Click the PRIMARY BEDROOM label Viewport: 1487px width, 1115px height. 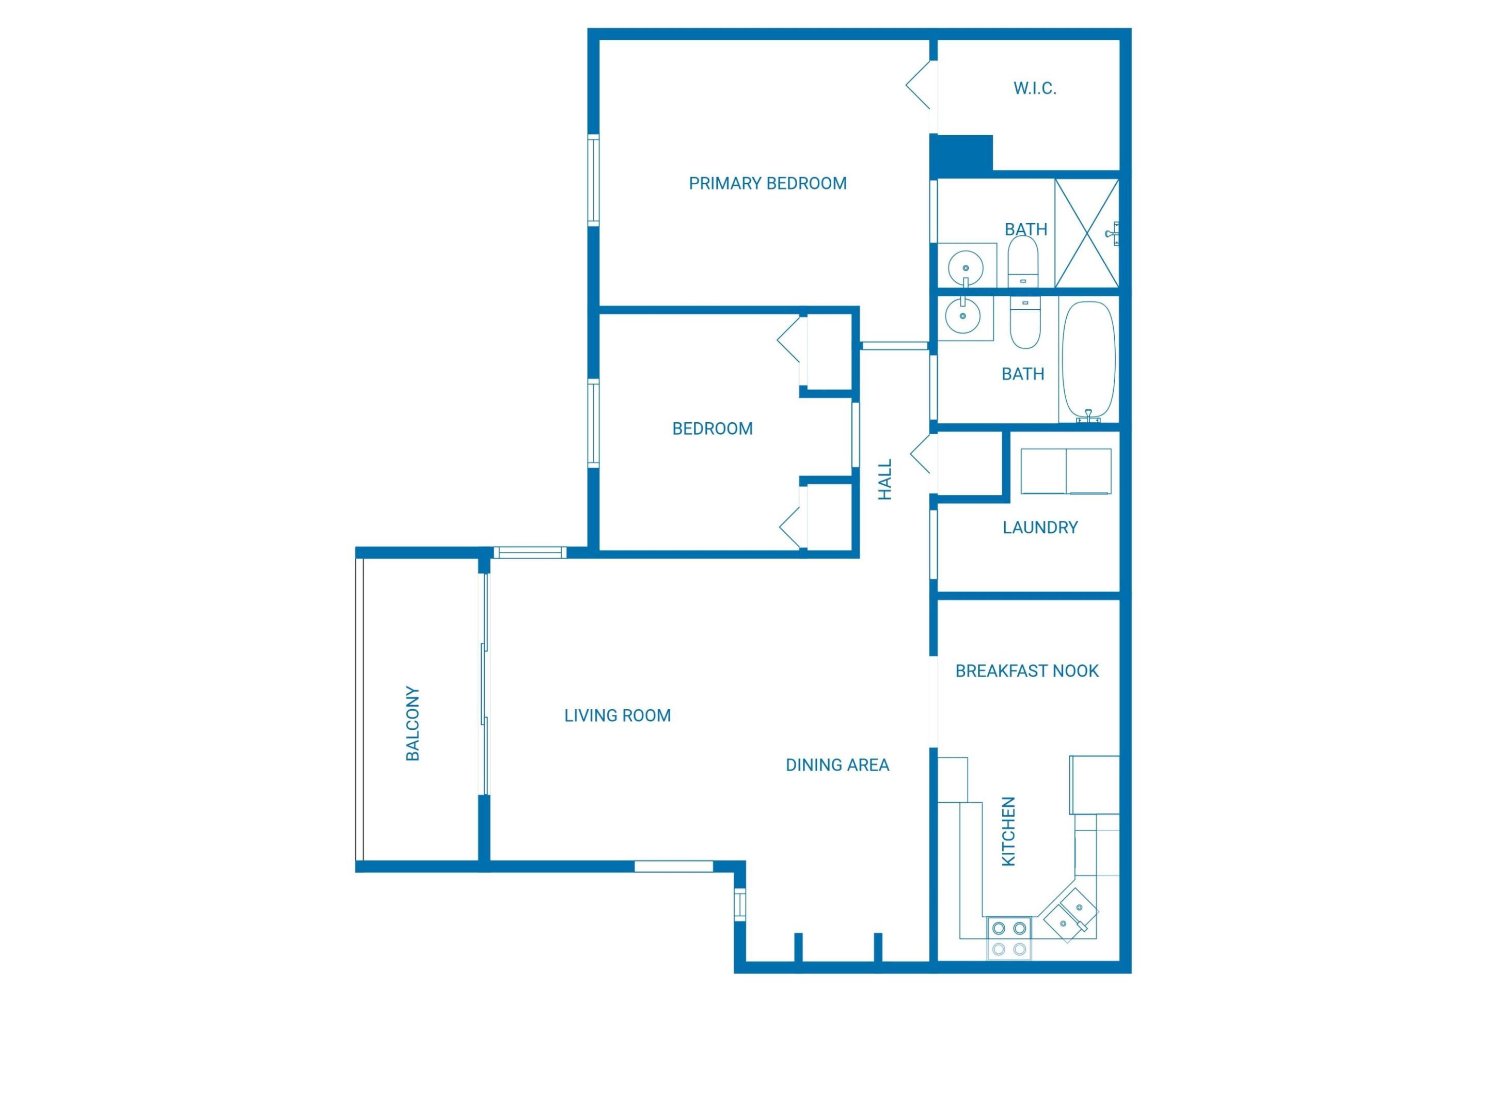click(x=767, y=183)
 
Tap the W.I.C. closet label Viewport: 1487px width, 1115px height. click(x=1035, y=88)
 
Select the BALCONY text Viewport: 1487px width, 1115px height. click(x=413, y=723)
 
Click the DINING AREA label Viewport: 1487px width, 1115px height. click(x=837, y=765)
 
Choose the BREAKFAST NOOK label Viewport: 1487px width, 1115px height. click(x=1026, y=671)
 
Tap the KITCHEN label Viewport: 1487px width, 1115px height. click(x=1008, y=832)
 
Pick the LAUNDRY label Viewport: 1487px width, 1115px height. click(x=1040, y=528)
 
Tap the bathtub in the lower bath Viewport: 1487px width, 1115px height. click(x=1088, y=360)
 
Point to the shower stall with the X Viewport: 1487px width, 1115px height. click(x=1086, y=233)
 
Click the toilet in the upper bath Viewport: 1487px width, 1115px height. click(x=1022, y=261)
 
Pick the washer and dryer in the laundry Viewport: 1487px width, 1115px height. click(x=1066, y=471)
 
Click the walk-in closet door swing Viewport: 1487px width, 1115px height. click(x=919, y=85)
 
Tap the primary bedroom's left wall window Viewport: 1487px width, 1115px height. click(x=594, y=180)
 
